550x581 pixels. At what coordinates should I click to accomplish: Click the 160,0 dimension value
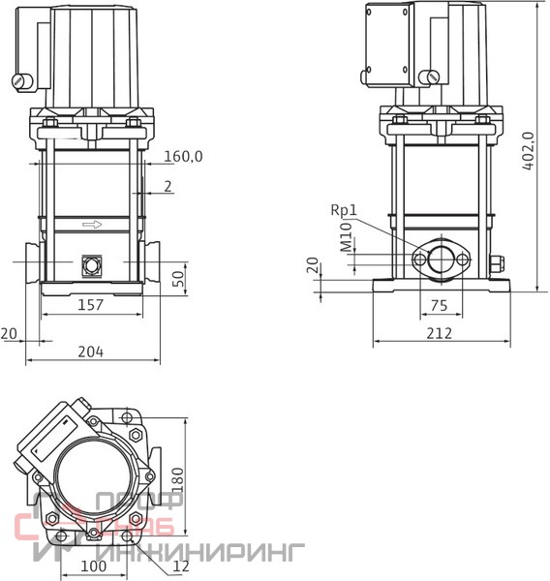[x=183, y=156]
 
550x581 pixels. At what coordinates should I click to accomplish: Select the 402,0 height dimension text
[x=529, y=151]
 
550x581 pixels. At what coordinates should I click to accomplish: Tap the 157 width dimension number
[x=90, y=305]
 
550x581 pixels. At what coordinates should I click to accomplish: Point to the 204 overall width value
[x=90, y=352]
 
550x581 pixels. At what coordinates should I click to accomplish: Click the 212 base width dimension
[x=440, y=333]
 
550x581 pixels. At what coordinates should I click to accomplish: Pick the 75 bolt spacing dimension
[x=440, y=306]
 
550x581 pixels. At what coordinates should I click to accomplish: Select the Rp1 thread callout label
[x=344, y=210]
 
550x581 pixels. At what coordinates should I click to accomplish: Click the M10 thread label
[x=346, y=237]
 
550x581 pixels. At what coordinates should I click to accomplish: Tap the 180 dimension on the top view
[x=178, y=480]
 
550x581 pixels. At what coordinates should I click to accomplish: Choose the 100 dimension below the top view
[x=93, y=566]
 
